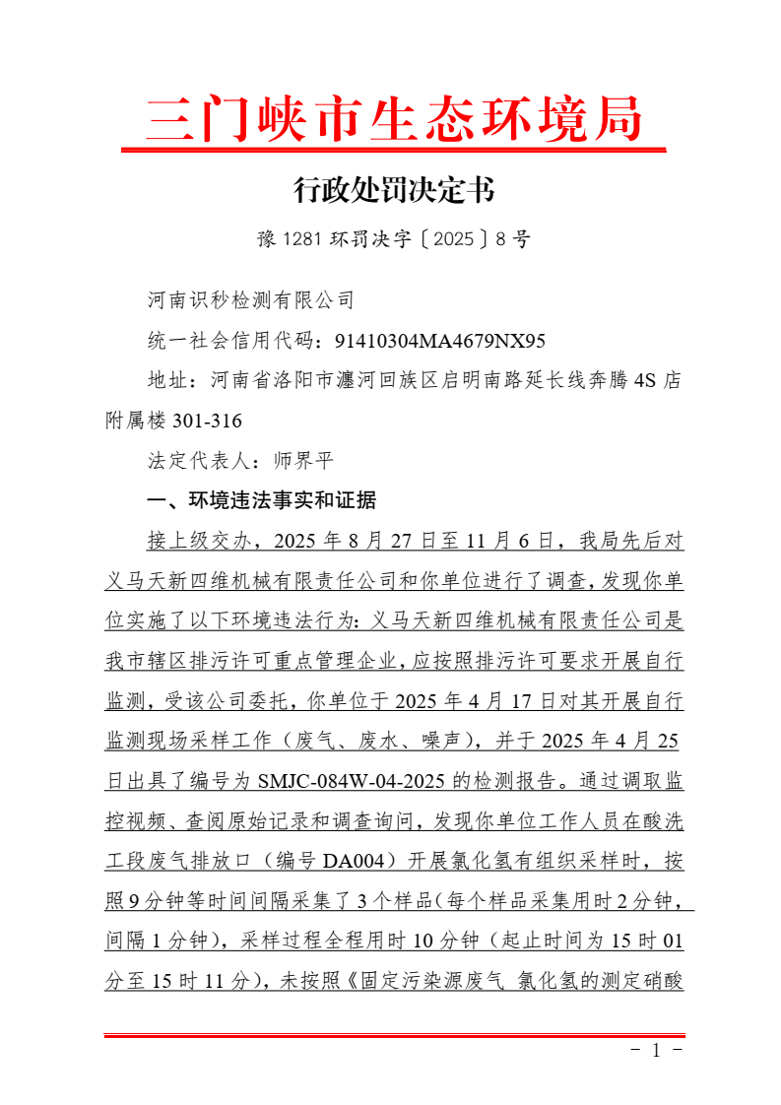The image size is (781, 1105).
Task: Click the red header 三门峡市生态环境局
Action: pos(394,120)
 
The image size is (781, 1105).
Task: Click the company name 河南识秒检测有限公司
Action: pos(250,299)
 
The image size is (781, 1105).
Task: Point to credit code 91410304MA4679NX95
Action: pos(439,342)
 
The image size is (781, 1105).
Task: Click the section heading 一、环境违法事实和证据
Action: pos(261,501)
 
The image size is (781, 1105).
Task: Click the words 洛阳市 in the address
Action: pos(317,381)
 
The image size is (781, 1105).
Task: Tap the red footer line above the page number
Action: pos(394,1034)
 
